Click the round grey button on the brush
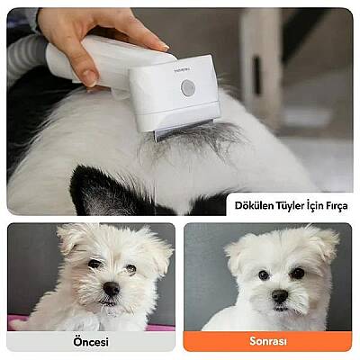187,87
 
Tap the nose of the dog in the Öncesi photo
110,289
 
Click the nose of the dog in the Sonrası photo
279,295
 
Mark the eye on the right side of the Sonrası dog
297,273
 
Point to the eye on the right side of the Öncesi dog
130,269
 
